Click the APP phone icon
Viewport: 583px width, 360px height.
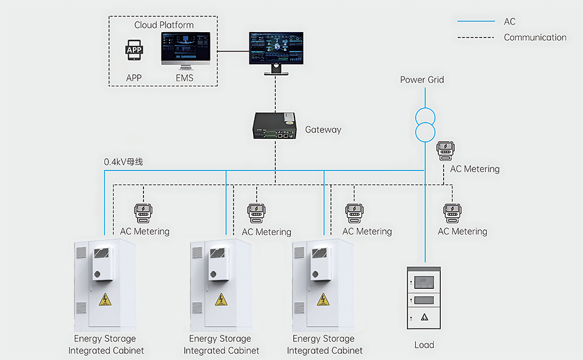(134, 51)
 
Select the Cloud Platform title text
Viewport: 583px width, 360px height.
(164, 25)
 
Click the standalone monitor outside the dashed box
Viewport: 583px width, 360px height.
(276, 50)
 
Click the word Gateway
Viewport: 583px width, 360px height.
(323, 130)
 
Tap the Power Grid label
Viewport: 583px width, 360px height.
(422, 79)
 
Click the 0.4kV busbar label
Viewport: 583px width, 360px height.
(123, 162)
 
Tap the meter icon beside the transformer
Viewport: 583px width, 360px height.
(446, 151)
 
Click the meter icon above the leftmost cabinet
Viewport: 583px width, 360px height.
(143, 213)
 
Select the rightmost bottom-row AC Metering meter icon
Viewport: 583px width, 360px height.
(450, 213)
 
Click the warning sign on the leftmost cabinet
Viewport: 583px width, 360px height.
(105, 300)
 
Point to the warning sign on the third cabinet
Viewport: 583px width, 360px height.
(322, 300)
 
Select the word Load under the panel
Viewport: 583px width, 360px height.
(424, 345)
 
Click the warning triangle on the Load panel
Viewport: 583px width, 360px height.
(424, 317)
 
